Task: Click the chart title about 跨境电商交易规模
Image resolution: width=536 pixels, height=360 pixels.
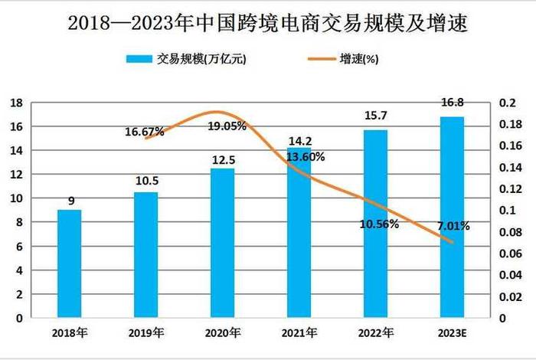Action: [268, 22]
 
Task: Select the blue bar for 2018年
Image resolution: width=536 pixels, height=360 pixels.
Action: [69, 263]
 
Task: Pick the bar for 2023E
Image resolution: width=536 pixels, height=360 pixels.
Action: [452, 218]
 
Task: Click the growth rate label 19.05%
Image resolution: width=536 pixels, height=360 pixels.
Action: [227, 126]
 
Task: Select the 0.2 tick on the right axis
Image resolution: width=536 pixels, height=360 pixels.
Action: [507, 103]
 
